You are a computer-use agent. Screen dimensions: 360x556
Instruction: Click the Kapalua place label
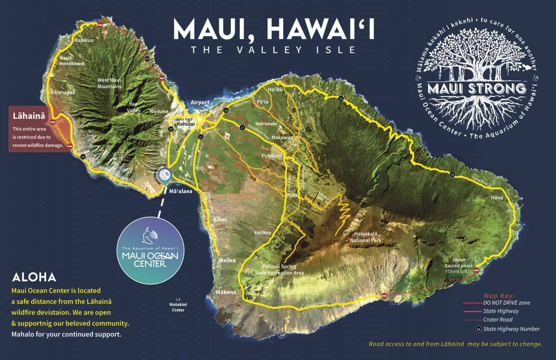(84, 40)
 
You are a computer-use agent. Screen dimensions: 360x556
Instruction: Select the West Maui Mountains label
(109, 83)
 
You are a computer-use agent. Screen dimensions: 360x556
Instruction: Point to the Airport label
(200, 102)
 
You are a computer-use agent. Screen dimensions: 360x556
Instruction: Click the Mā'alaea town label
(181, 191)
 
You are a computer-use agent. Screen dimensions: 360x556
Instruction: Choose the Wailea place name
(227, 260)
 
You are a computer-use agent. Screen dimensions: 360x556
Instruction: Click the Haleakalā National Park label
(365, 237)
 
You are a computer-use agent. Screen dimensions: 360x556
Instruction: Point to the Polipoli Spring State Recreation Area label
(280, 270)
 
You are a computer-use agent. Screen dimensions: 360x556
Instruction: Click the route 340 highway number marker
(147, 58)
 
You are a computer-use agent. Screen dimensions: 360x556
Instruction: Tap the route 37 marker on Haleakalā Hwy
(242, 127)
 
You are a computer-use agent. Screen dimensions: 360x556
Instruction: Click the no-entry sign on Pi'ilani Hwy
(384, 295)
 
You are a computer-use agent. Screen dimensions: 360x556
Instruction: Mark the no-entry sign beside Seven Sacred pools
(476, 270)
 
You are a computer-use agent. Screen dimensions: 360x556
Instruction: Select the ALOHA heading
(34, 277)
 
